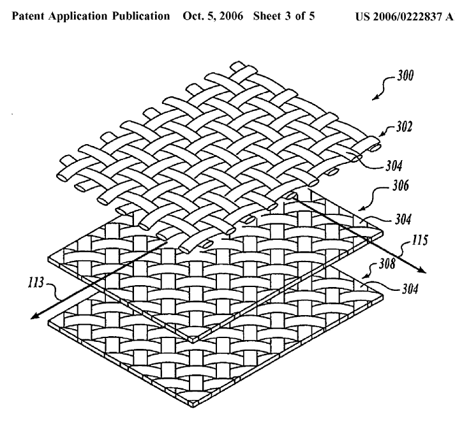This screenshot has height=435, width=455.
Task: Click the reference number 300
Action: point(405,76)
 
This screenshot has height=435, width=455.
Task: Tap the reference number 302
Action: point(404,127)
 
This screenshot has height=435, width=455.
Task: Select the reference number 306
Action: point(401,186)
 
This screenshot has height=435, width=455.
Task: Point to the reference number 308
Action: point(387,263)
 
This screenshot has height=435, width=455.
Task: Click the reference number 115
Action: point(420,240)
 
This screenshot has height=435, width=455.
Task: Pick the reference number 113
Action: point(36,283)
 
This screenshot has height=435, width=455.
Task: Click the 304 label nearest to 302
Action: point(394,166)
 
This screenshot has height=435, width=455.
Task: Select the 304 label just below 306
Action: point(403,219)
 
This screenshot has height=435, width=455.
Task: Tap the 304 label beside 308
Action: point(410,289)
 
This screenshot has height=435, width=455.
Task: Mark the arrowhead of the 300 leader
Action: point(374,99)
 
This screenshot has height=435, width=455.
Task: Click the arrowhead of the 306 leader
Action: point(361,209)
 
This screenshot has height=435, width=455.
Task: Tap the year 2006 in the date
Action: point(231,16)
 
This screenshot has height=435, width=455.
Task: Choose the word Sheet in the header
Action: point(267,16)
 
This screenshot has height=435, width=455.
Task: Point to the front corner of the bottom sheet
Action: point(193,406)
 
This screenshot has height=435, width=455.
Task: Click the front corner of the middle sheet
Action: point(193,341)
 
